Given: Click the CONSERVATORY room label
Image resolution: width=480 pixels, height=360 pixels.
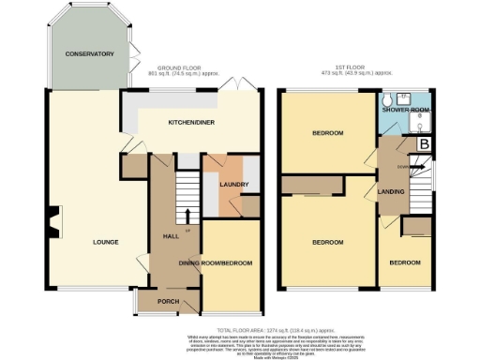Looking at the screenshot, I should [89, 54].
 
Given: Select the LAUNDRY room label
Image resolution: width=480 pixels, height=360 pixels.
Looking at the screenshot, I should [232, 184].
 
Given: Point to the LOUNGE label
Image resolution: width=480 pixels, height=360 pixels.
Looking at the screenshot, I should [105, 242].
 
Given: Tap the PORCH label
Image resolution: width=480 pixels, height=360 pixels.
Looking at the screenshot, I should [168, 301].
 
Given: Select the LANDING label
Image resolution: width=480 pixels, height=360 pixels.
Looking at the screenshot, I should [391, 192].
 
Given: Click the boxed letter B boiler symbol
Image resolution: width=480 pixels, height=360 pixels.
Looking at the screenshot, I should [424, 143].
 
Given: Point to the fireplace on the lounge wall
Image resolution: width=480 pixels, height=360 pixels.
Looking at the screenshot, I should [53, 223].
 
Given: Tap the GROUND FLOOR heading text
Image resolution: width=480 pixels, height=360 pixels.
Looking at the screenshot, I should [179, 67].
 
